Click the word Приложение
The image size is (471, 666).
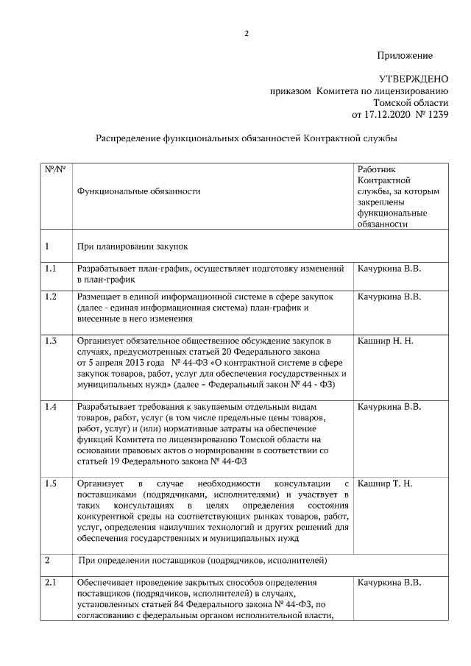pos(404,56)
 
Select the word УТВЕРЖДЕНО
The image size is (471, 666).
pos(413,79)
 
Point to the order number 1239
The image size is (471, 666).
pos(435,114)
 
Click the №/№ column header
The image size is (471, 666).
pos(54,169)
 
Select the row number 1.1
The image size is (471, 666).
pos(51,269)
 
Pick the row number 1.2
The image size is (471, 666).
pos(51,297)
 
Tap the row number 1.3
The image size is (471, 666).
pos(51,341)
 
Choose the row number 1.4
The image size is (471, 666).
pos(51,407)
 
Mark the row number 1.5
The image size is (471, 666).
pos(51,483)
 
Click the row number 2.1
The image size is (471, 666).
pos(51,584)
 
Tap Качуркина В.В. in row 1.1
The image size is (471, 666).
pos(389,269)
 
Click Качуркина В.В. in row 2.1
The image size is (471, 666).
pos(389,584)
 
